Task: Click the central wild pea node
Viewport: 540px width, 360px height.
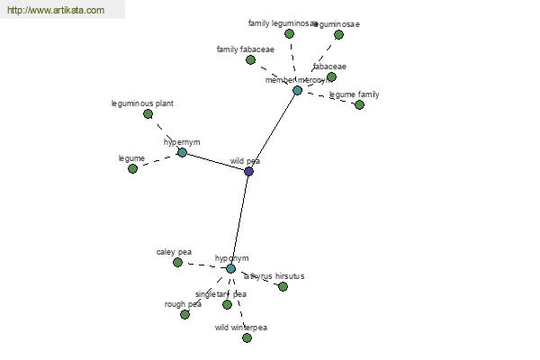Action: coord(248,171)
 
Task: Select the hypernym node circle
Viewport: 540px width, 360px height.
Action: coord(182,153)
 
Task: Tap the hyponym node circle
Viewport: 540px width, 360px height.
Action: coord(231,268)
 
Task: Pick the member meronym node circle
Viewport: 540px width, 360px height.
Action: coord(297,90)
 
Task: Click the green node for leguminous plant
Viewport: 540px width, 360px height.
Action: coord(148,114)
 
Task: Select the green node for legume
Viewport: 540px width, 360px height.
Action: coord(132,168)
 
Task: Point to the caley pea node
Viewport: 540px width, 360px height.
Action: coord(177,262)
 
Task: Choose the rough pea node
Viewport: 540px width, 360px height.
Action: coord(184,314)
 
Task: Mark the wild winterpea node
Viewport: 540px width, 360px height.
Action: coord(247,337)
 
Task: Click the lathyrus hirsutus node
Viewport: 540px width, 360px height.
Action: coord(283,286)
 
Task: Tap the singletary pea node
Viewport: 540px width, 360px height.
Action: coord(227,304)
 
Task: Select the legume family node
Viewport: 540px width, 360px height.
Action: coord(359,104)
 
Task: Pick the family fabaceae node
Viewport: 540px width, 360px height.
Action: coord(250,59)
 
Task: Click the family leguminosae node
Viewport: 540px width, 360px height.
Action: coord(289,33)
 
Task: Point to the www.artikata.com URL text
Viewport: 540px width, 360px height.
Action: coord(56,11)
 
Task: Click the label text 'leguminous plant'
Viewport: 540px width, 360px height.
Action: coord(142,103)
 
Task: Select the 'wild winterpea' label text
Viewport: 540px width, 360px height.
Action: coord(241,328)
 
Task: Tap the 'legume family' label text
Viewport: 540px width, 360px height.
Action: coord(354,94)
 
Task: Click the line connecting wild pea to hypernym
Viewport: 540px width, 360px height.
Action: coord(215,162)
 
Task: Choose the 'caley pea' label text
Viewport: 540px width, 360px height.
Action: coord(174,252)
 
